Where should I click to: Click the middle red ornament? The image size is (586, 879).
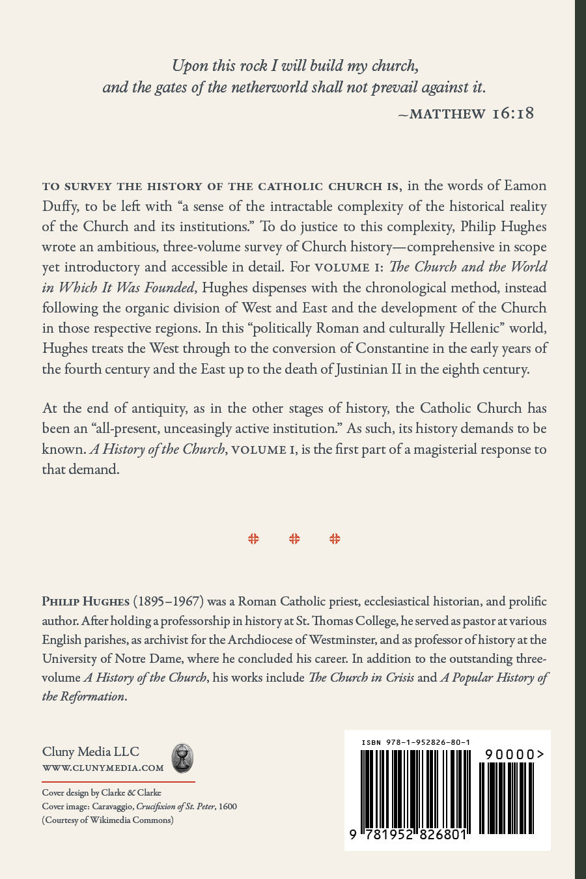[294, 538]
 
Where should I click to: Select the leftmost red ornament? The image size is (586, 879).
[253, 538]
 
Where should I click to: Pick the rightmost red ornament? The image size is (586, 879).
[335, 538]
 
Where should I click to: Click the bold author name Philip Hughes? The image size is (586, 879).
[85, 602]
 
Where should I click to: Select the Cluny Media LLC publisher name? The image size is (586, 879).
[91, 751]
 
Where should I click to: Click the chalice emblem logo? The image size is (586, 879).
[182, 759]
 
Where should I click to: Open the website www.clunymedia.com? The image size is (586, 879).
[103, 768]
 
